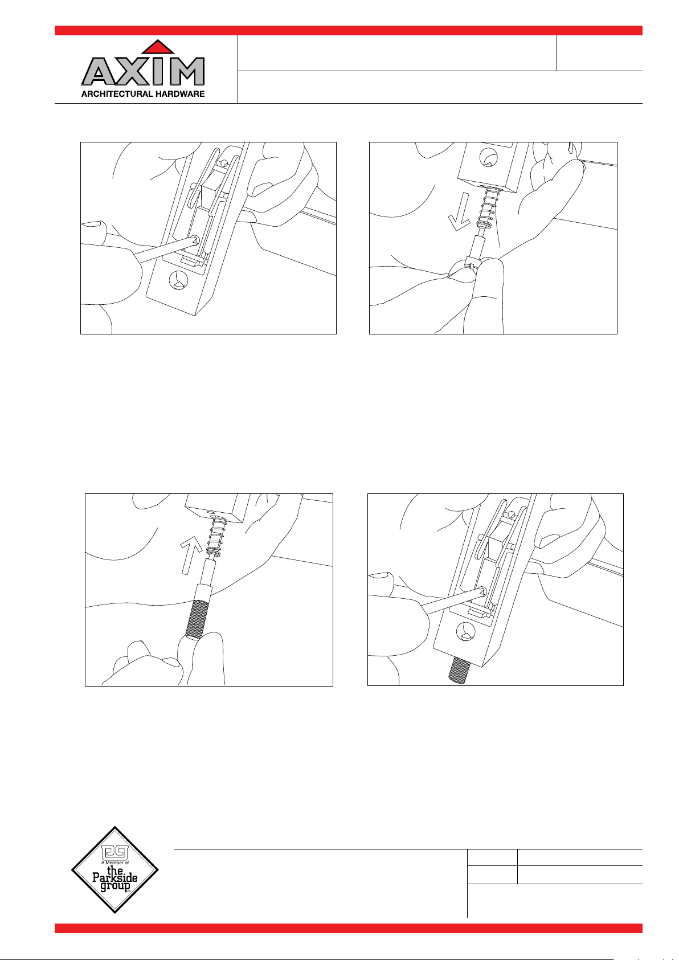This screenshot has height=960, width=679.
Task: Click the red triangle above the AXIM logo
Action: (158, 48)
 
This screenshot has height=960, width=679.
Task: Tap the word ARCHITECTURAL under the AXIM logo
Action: (117, 94)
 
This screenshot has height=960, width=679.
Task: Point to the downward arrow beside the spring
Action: (460, 211)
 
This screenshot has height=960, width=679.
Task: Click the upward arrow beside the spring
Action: (189, 556)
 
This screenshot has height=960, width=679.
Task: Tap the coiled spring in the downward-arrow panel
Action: (488, 208)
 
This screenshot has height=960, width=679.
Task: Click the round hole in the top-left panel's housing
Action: (179, 280)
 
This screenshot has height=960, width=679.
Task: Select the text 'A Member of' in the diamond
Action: (115, 862)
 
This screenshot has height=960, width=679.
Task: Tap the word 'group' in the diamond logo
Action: (115, 887)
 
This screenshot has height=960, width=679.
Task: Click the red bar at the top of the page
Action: (348, 30)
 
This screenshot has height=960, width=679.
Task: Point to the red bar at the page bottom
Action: (348, 928)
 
